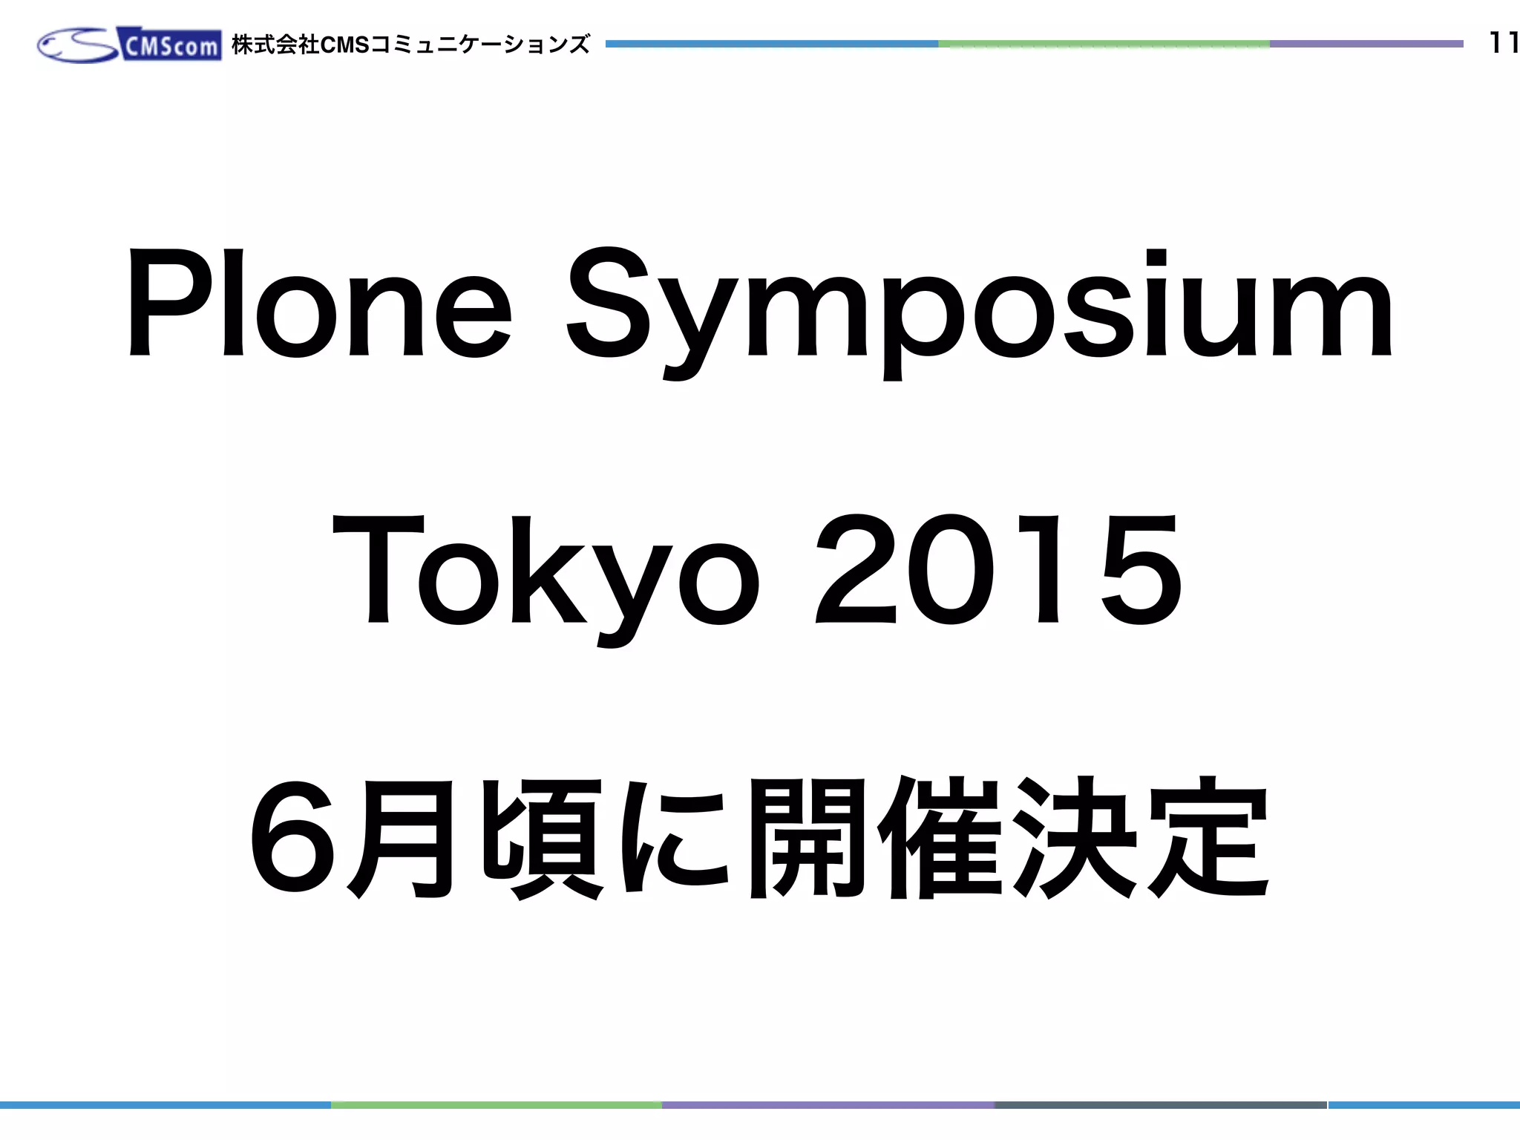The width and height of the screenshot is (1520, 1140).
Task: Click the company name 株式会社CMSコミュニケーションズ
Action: click(410, 45)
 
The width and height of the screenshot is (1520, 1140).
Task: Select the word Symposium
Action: click(980, 312)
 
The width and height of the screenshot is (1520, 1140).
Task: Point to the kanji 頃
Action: click(543, 837)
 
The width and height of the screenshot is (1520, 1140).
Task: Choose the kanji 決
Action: click(1074, 837)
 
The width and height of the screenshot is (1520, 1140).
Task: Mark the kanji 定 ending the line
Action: click(1208, 837)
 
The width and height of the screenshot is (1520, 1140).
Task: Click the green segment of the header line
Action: click(1104, 45)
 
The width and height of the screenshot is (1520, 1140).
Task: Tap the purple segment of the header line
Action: click(1366, 45)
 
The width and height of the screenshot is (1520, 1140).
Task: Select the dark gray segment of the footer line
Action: click(1160, 1105)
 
